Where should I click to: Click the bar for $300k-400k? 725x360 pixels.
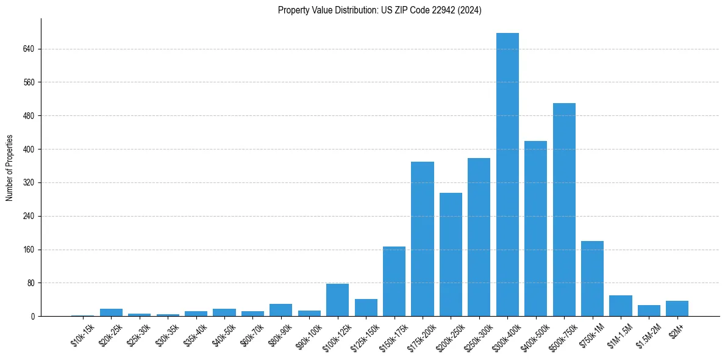[x=507, y=175]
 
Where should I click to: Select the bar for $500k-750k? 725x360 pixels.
[x=564, y=210]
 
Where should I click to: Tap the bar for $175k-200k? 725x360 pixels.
[x=423, y=239]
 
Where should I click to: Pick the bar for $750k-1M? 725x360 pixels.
[x=592, y=279]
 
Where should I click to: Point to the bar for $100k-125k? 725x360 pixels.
[x=337, y=300]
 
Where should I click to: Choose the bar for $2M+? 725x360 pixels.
[x=677, y=309]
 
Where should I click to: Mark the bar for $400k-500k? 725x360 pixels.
[x=535, y=229]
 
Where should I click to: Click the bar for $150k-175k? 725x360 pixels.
[x=394, y=281]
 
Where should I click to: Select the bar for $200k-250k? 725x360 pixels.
[x=451, y=254]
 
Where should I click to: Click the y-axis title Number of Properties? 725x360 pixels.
[x=10, y=168]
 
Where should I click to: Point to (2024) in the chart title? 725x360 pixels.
[x=470, y=10]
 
